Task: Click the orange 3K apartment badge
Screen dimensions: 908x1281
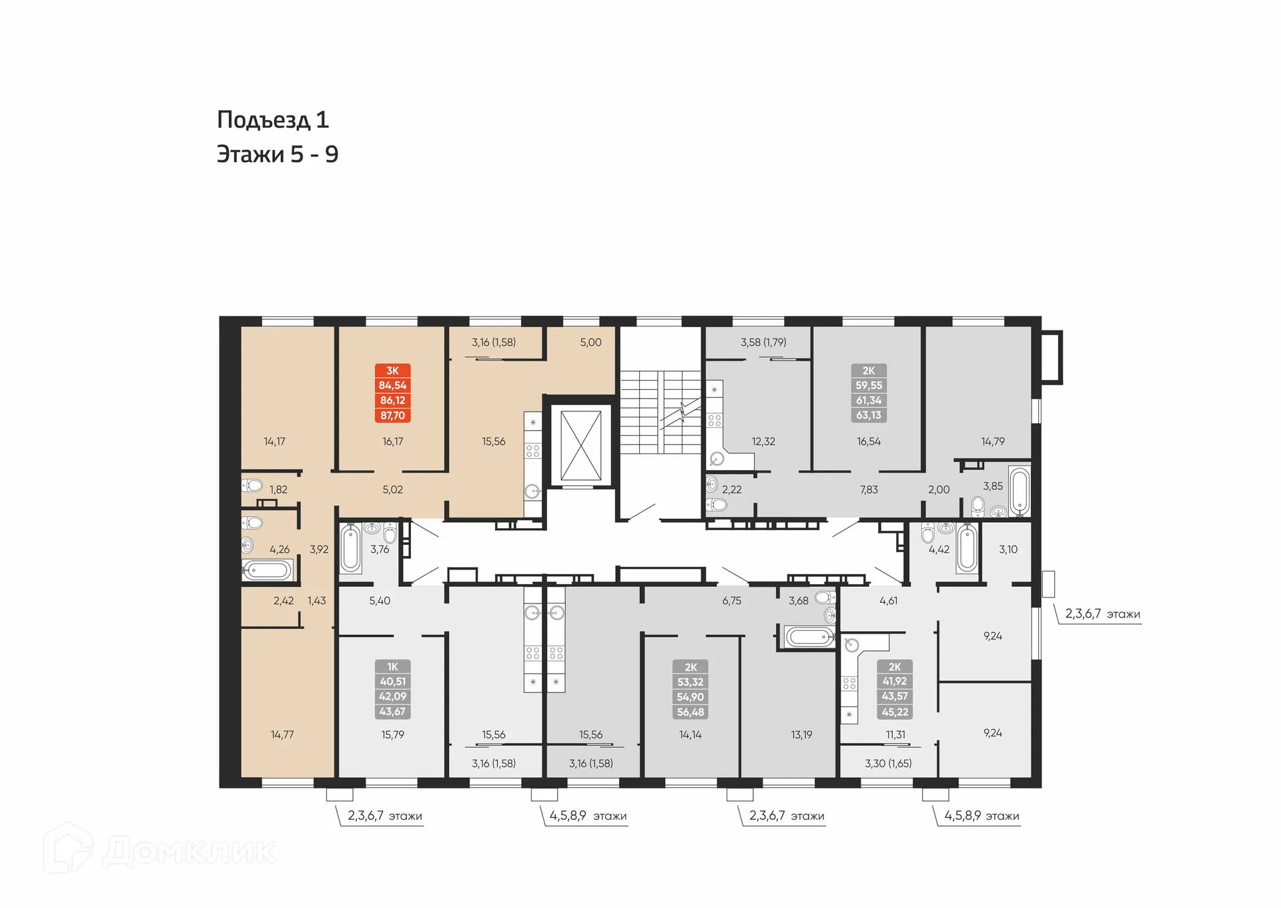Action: coord(392,393)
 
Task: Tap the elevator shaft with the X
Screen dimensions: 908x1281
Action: coord(580,445)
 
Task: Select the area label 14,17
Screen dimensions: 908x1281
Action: coord(274,441)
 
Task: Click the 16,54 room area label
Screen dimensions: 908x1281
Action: coord(869,441)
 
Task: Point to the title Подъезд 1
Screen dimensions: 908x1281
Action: coord(273,120)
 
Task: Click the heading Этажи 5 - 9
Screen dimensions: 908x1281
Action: coord(278,154)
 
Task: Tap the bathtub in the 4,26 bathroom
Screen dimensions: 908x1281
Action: coord(268,570)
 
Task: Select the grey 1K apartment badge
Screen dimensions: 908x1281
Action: coord(392,689)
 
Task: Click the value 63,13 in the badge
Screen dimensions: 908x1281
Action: coord(869,415)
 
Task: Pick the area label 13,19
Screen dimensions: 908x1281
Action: coord(801,734)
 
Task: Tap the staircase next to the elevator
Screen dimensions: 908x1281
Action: coord(659,412)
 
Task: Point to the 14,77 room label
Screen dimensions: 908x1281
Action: coord(282,734)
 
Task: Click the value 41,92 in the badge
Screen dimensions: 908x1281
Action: coord(895,682)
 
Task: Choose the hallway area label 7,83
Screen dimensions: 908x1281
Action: coord(869,489)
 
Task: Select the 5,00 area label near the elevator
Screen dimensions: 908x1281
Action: coord(590,343)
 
